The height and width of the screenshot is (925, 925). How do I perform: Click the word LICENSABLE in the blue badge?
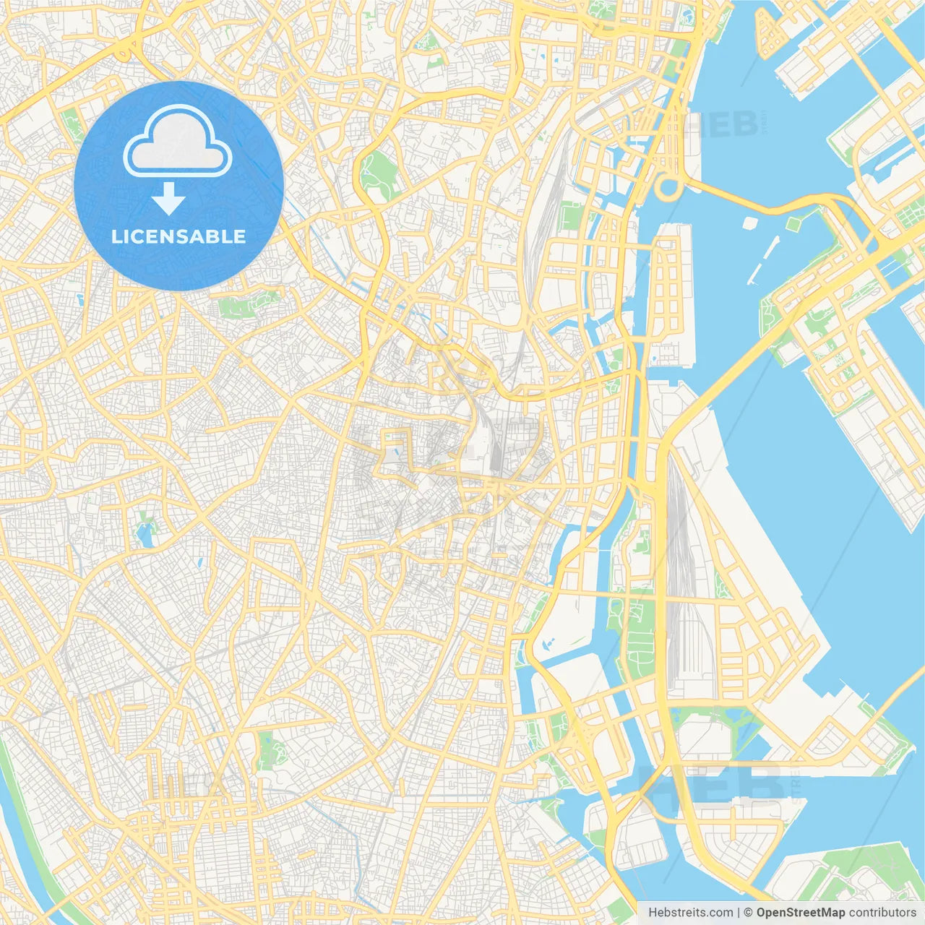178,237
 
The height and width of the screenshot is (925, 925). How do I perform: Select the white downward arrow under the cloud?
168,199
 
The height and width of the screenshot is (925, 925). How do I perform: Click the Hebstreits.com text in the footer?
690,913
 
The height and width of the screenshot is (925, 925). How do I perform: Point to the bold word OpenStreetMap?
800,913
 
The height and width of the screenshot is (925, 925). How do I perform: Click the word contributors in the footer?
882,913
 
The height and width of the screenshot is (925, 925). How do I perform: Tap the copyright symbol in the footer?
748,913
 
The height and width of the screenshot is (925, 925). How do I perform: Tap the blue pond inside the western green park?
145,535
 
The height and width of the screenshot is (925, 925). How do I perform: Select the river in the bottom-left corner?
29,853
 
